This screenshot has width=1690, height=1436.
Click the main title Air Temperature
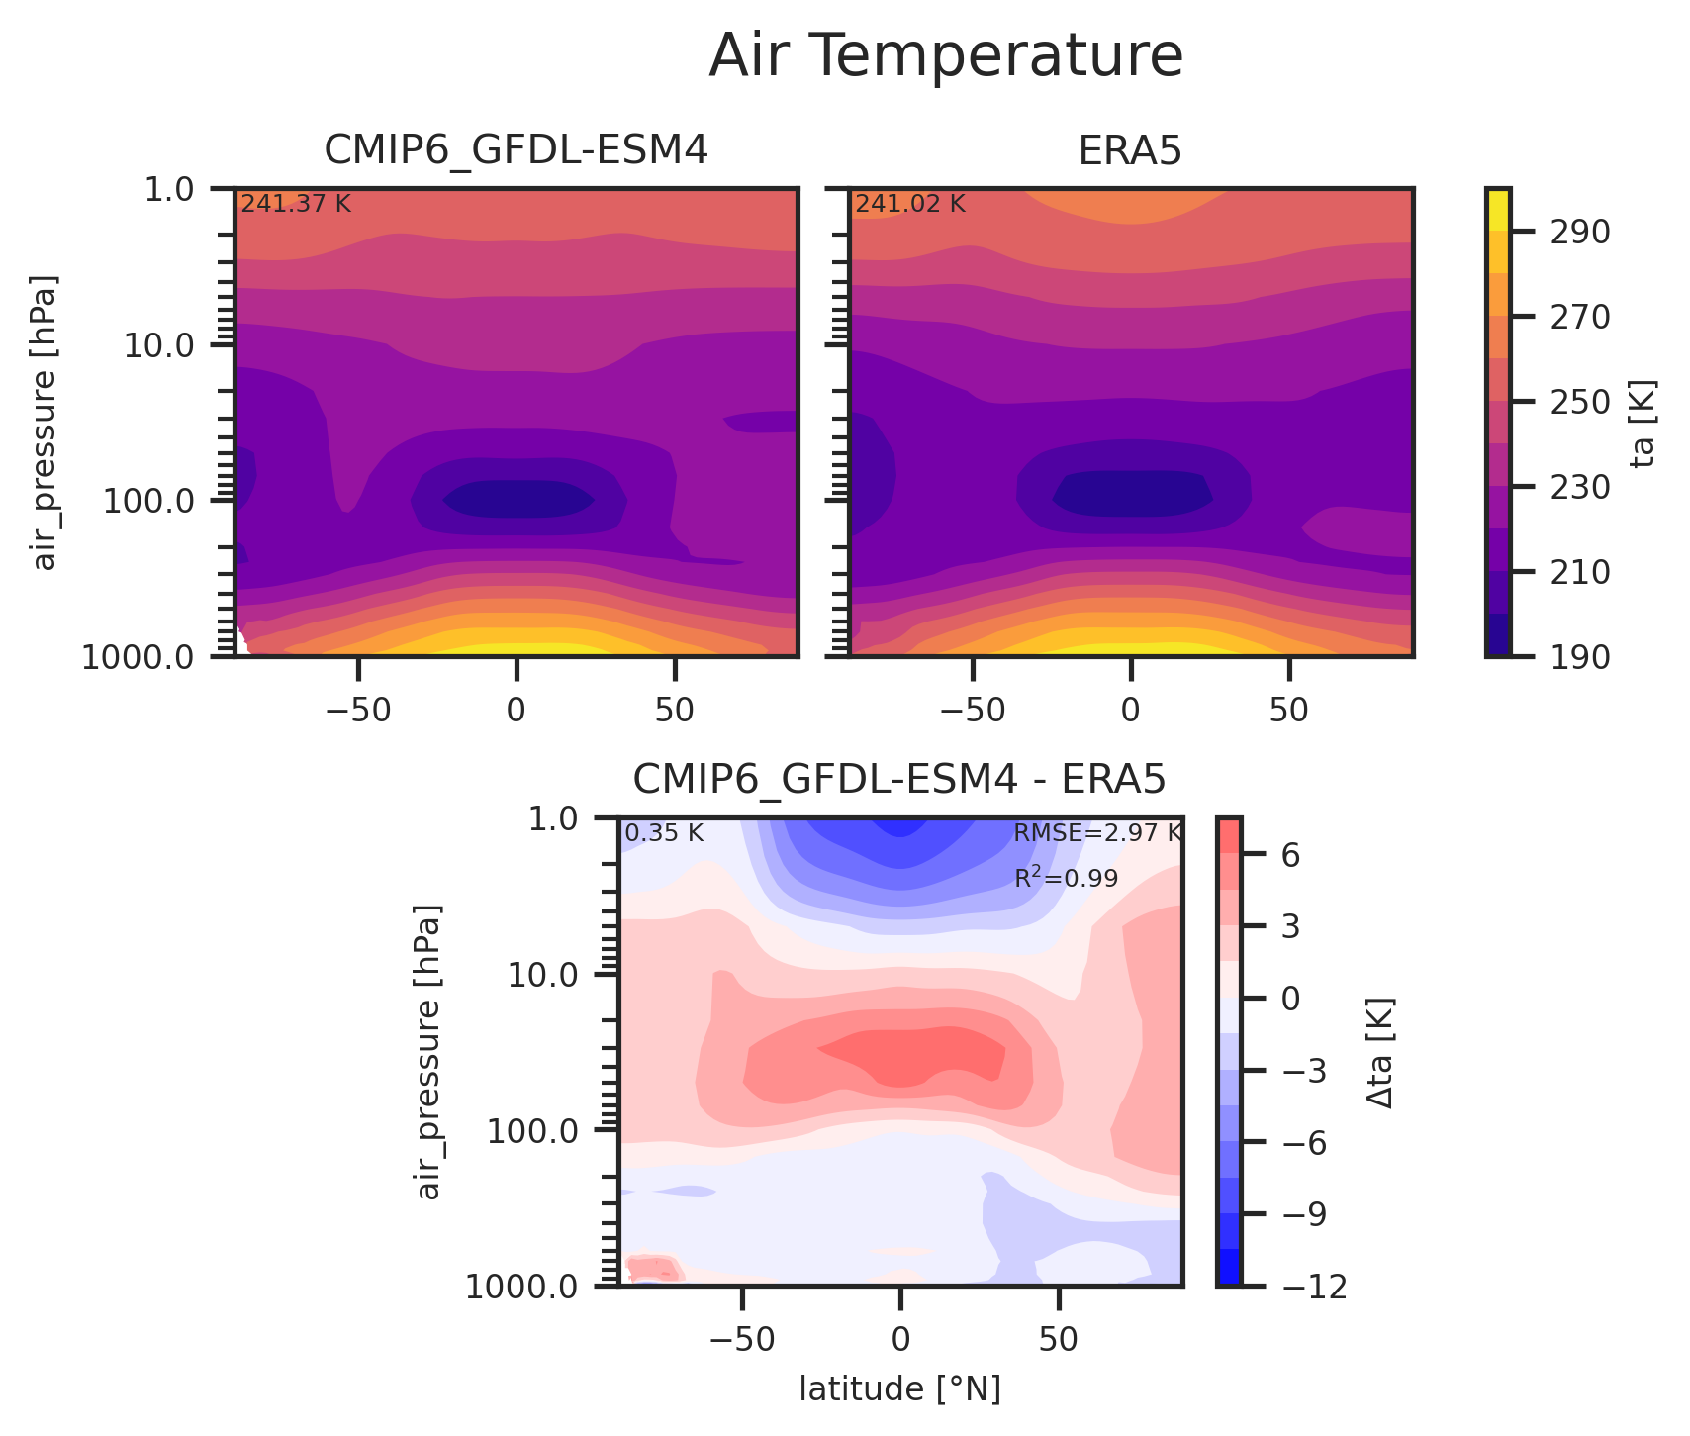click(945, 56)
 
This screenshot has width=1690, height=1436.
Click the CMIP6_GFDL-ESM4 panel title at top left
click(516, 151)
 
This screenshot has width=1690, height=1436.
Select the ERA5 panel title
click(1129, 151)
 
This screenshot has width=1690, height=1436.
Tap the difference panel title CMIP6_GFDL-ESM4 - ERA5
click(898, 781)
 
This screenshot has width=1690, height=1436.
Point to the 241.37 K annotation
click(296, 205)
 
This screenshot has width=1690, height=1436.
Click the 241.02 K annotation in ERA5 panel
click(909, 205)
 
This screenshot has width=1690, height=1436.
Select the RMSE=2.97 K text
click(1096, 833)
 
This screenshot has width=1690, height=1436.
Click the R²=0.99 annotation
click(1066, 878)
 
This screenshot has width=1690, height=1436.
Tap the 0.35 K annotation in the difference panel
click(664, 833)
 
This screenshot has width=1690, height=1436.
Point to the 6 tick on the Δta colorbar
click(1290, 856)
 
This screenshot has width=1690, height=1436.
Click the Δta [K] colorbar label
click(1381, 1052)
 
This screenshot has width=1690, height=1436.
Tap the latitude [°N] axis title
click(899, 1390)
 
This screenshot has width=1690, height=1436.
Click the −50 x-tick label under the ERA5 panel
click(972, 712)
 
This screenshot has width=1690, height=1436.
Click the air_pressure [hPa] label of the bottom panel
click(428, 1052)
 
